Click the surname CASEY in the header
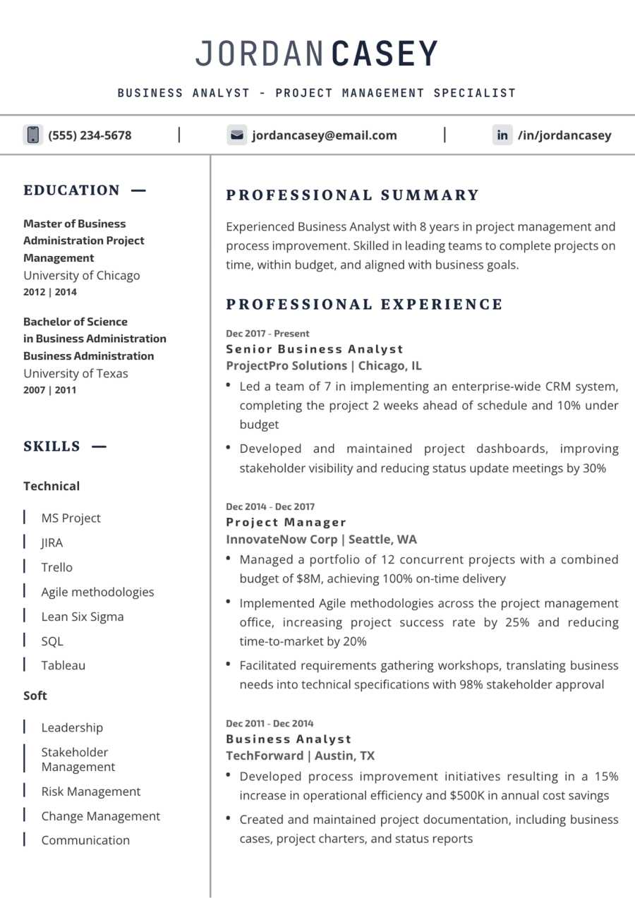[x=385, y=54]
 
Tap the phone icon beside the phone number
[x=32, y=135]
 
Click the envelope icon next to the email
[x=236, y=135]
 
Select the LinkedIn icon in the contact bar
[x=502, y=135]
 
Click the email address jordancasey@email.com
[x=325, y=135]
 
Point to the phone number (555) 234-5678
[x=90, y=135]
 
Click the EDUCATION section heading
[x=72, y=190]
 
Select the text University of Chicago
[x=82, y=275]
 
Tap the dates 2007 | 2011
[x=50, y=390]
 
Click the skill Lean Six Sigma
[x=83, y=617]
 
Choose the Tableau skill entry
[x=64, y=665]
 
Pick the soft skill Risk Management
[x=91, y=791]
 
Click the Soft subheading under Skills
[x=35, y=696]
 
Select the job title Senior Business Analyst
[x=315, y=349]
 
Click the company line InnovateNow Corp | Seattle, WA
[x=321, y=540]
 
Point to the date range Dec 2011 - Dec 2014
[x=270, y=723]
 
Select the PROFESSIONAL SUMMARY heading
[x=353, y=195]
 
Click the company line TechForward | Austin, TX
[x=301, y=756]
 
